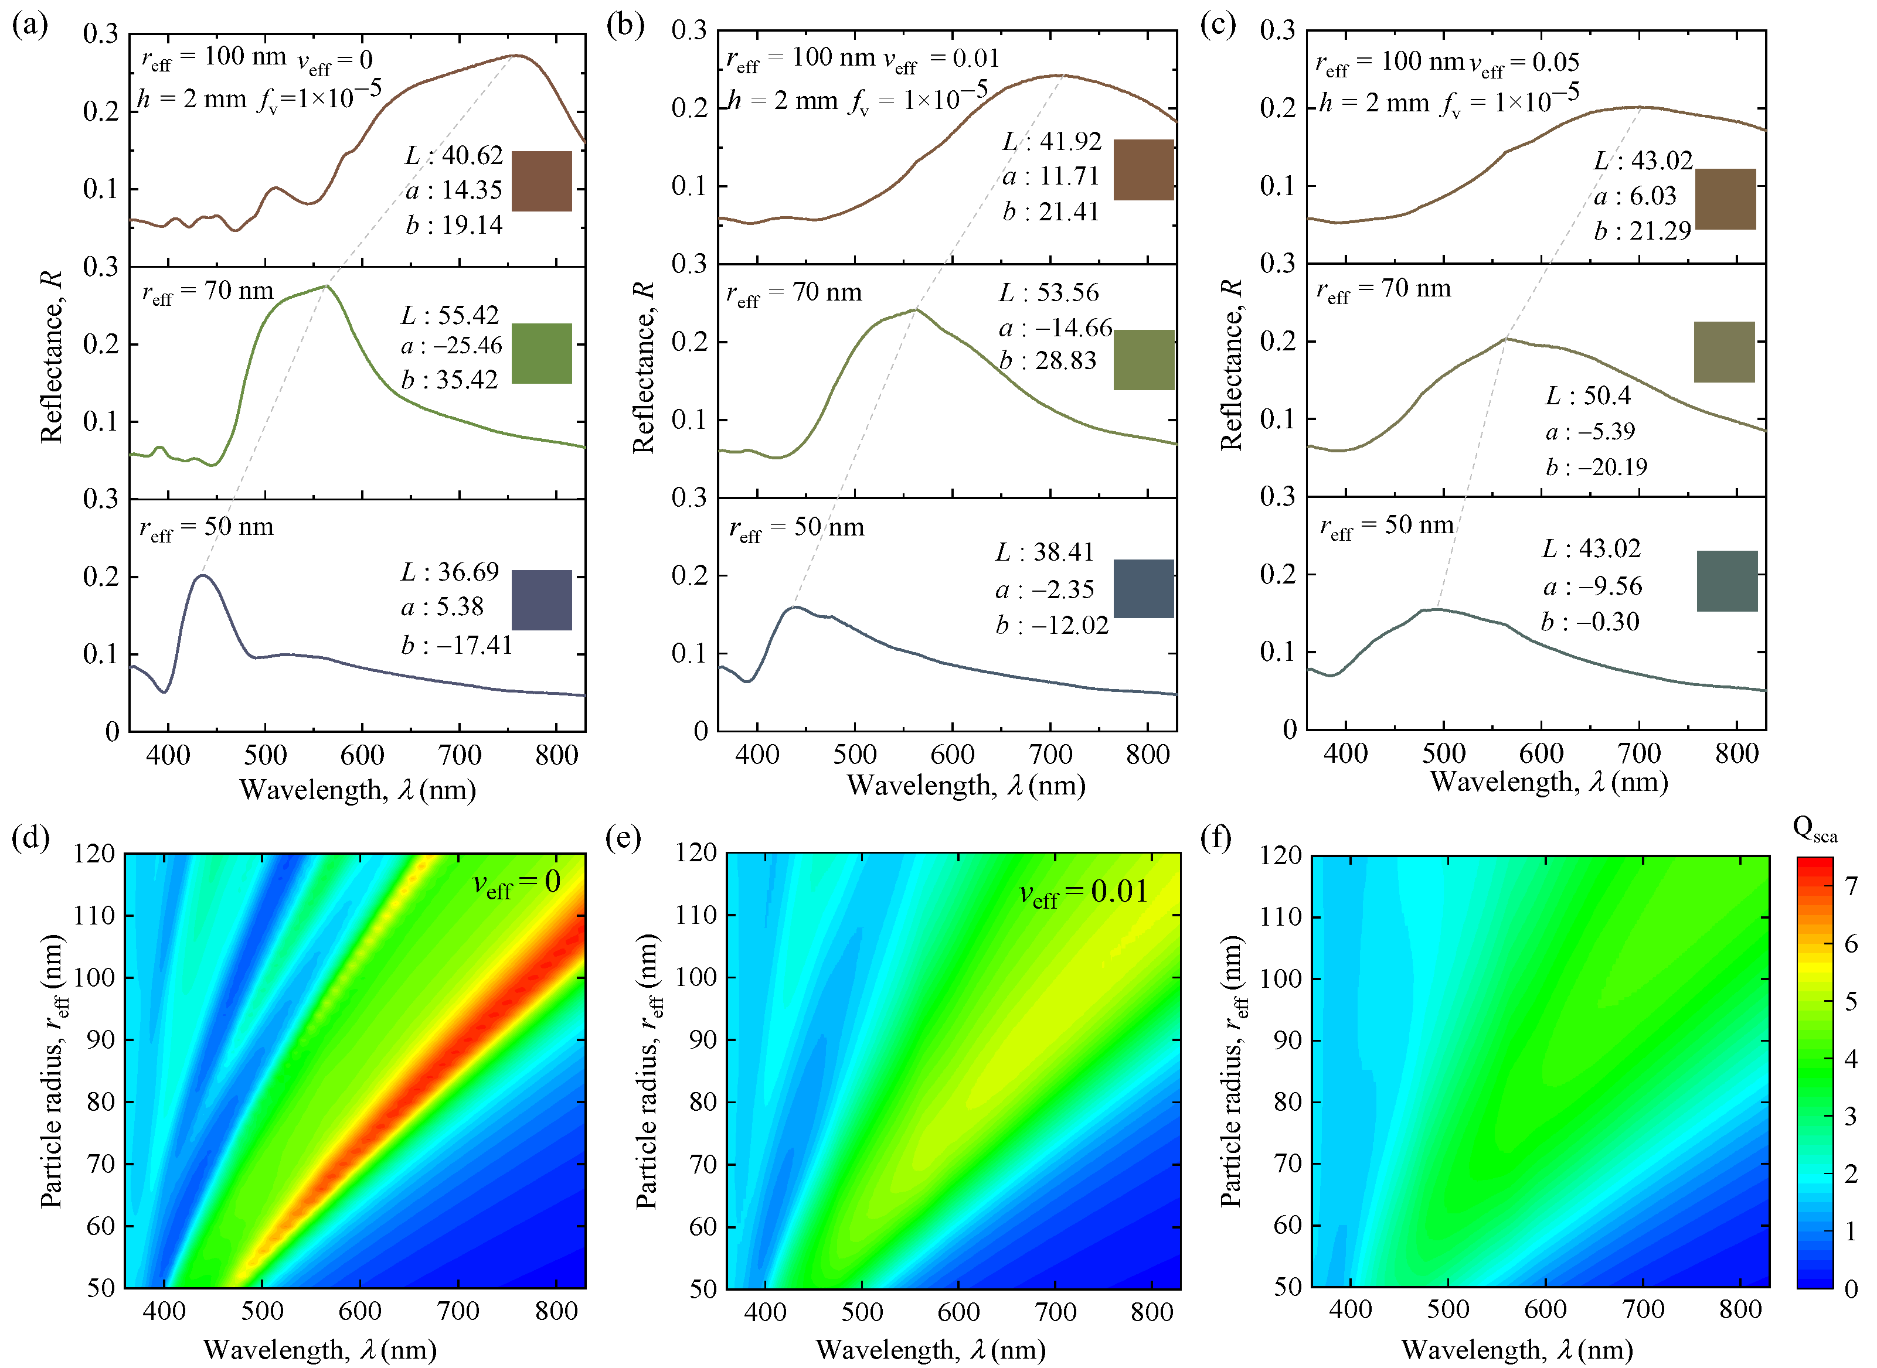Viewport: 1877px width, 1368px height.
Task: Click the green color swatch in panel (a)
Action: pos(542,354)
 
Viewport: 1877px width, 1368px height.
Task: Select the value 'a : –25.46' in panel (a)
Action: pos(451,345)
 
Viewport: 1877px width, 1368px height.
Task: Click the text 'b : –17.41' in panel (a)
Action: pos(457,644)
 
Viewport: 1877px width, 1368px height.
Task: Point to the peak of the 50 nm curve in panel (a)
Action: pos(202,575)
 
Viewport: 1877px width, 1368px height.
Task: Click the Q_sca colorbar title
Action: pos(1814,828)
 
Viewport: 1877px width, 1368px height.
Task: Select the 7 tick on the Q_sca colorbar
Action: pos(1851,886)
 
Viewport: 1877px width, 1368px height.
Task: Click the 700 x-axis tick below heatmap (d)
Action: pos(458,1311)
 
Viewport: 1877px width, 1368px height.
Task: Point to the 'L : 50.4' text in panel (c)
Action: pos(1588,396)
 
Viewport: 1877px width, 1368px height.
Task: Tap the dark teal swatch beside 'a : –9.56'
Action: pos(1727,581)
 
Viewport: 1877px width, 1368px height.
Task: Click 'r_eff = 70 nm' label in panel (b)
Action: pos(794,293)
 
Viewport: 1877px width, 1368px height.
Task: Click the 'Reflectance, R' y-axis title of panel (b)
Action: pos(644,367)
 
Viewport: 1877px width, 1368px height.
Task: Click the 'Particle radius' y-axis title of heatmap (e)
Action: pos(648,1072)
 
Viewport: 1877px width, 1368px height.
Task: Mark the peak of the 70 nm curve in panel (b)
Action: pos(916,310)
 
